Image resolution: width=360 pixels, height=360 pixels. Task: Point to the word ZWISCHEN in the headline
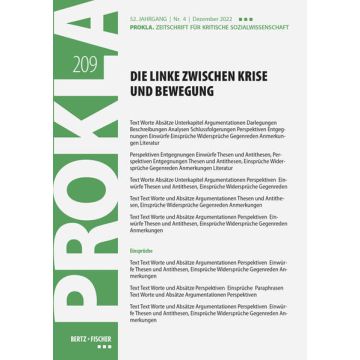214,74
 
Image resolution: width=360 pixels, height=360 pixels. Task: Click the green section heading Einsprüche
141,250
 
